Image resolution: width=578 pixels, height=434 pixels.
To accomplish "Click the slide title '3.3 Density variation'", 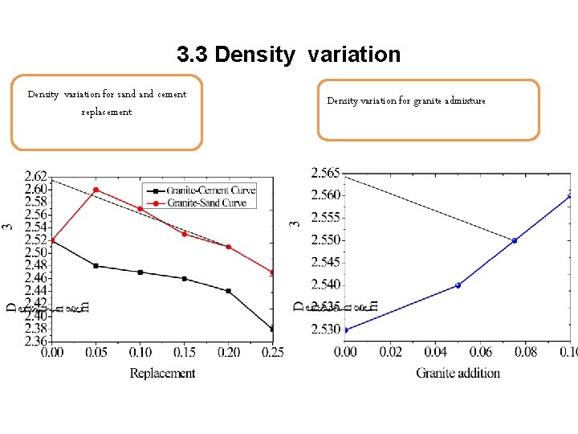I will coord(288,55).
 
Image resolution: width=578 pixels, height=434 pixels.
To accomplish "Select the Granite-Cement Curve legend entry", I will coord(206,190).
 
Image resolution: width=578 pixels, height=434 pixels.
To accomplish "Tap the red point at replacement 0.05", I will coord(96,190).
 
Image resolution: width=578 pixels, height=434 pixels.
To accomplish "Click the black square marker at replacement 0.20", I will coord(229,291).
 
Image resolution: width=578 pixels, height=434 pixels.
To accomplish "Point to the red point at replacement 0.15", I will coord(185,234).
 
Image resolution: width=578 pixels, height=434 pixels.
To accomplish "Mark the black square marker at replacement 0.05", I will coord(96,265).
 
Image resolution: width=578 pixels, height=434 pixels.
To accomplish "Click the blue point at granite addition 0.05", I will coord(458,285).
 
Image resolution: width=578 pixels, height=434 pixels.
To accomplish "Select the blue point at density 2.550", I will coord(515,240).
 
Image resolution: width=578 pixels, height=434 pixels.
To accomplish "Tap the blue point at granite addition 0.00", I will coord(345,330).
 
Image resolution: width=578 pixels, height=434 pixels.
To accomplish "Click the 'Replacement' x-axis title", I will coord(162,373).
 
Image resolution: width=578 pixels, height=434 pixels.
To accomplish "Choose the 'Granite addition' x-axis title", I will coord(458,373).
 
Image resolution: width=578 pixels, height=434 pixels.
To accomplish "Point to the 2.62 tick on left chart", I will coord(35,177).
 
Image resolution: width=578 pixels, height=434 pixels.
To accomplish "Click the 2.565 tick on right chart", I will coord(325,173).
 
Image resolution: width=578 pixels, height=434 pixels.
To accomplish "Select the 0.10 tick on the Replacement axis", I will coord(140,353).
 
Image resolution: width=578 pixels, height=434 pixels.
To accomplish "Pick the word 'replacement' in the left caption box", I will coord(107,113).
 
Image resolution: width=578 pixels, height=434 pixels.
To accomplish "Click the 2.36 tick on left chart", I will coord(35,341).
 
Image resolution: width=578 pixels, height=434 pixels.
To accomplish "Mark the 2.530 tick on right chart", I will coord(325,330).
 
